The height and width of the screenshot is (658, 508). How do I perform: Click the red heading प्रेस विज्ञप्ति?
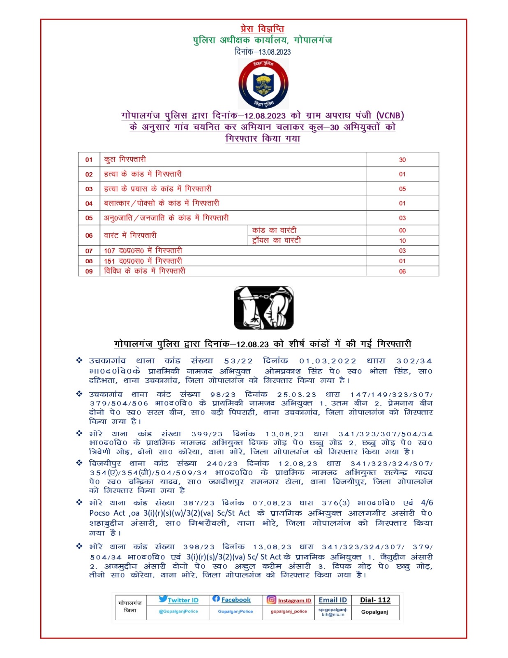(x=262, y=29)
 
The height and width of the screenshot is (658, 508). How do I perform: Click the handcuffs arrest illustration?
(x=263, y=308)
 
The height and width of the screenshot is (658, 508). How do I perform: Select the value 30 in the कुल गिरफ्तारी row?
(x=402, y=160)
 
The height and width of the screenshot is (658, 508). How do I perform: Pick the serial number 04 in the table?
(x=89, y=203)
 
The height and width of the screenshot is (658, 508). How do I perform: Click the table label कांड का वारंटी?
(x=274, y=230)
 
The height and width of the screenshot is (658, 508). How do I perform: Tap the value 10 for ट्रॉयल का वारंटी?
(x=402, y=241)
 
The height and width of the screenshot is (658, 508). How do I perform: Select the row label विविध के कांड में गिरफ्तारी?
(x=145, y=271)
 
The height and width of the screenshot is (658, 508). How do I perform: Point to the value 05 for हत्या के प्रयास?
(x=402, y=189)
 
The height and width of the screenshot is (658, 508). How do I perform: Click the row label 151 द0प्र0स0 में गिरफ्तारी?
(x=143, y=261)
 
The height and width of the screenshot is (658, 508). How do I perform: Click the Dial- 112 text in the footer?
(x=375, y=600)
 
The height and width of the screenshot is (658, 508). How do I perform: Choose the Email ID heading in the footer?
(x=333, y=600)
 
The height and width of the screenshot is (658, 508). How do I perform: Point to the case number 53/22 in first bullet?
(x=238, y=361)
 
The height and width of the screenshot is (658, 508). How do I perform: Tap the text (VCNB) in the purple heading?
(x=390, y=116)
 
